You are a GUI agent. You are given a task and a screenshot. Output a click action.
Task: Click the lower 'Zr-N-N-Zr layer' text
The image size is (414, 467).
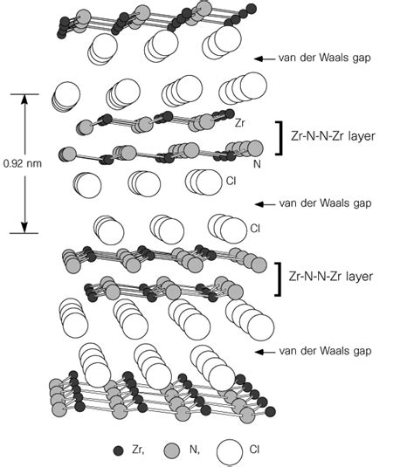pyautogui.click(x=336, y=276)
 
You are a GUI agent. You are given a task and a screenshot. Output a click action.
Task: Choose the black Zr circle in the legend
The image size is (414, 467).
pyautogui.click(x=119, y=450)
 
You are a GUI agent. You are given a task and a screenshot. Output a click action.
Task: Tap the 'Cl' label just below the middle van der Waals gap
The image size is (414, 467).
pyautogui.click(x=254, y=229)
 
